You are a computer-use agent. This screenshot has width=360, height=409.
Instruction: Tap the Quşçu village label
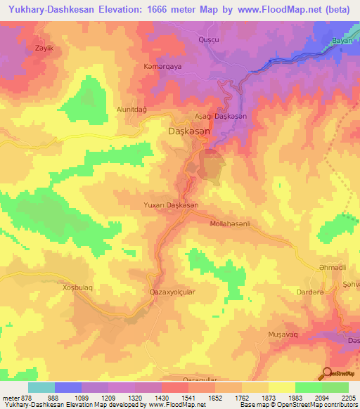pyautogui.click(x=210, y=39)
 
